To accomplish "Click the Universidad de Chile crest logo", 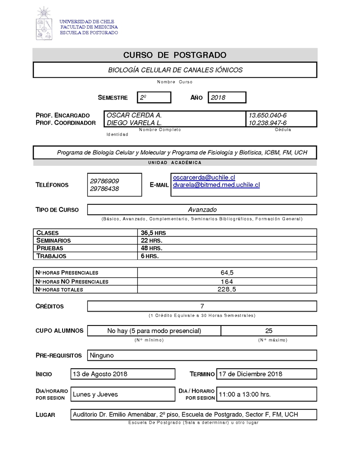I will pos(44,23).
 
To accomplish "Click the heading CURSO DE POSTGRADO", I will pos(175,55).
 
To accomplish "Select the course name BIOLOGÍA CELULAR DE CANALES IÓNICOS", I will pos(175,70).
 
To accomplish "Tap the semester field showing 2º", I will pos(154,97).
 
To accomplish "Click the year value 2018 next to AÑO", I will pos(226,97).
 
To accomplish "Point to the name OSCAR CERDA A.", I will pos(134,115).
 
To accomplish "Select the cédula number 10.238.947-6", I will pos(268,123).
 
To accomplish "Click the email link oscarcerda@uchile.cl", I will pos(204,178).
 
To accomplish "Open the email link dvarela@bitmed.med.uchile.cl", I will pos(216,185).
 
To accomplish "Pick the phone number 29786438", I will pos(104,189).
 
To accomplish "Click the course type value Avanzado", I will pos(202,209).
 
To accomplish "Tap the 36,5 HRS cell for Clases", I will pos(153,233).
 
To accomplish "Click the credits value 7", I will pos(202,306).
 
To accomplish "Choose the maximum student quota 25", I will pos(269,331).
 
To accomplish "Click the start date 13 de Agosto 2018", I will pos(100,374).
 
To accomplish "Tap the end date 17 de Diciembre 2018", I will pos(250,374).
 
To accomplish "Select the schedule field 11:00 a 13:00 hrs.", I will pos(244,394).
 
